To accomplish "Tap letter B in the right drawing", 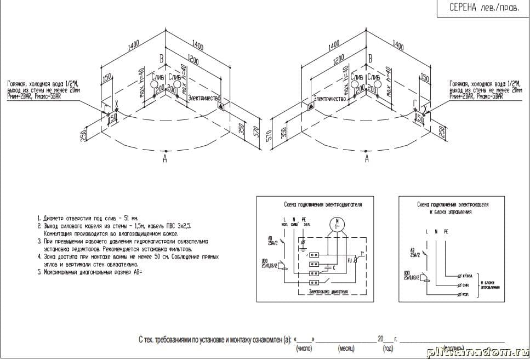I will tap(371, 58).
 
